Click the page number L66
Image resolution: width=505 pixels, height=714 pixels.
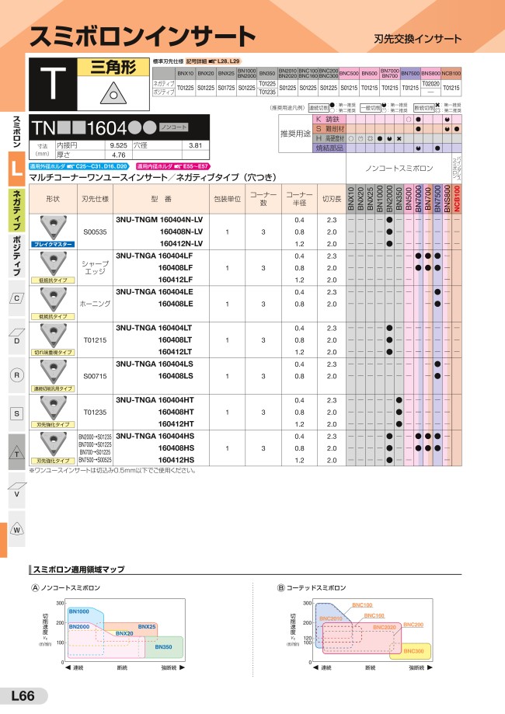23,696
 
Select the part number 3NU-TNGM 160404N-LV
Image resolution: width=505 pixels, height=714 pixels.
158,220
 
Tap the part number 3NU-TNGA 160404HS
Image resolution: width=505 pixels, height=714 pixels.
158,436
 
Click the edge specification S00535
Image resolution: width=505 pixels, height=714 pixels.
95,232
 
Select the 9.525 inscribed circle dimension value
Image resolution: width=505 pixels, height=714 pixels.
118,145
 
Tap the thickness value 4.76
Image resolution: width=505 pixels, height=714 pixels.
118,155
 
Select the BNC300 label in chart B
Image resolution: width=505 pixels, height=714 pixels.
414,650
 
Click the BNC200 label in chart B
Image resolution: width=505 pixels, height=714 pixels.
413,625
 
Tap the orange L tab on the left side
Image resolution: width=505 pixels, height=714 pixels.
16,172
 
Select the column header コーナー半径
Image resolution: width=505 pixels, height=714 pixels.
298,198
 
